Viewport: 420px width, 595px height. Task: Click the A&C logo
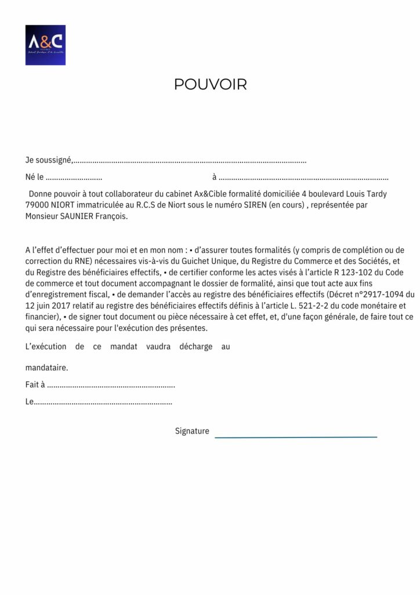45,45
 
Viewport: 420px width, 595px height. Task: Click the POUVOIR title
210,84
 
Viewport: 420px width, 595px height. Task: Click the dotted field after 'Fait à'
111,385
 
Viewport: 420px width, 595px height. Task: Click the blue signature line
296,436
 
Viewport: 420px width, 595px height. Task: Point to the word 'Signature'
192,431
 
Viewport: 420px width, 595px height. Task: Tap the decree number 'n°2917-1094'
379,294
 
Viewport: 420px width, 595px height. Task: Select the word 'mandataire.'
47,368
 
